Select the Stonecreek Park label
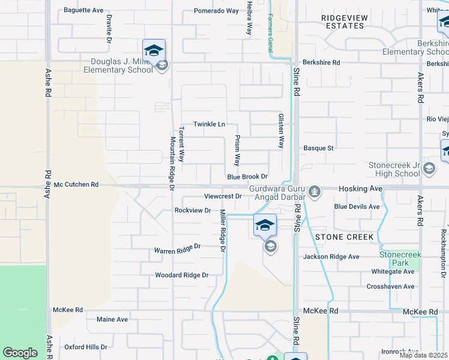(x=400, y=259)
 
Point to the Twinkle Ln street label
(x=209, y=124)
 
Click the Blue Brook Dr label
(x=247, y=177)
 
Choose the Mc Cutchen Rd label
(x=76, y=185)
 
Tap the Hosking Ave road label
(x=360, y=188)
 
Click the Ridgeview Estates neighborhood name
(x=344, y=22)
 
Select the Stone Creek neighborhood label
(x=345, y=237)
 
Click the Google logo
(x=20, y=353)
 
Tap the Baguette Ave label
(x=83, y=10)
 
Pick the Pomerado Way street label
(x=216, y=11)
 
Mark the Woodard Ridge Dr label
(x=181, y=275)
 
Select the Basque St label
(x=318, y=148)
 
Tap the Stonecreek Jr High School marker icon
(x=429, y=169)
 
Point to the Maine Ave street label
(x=112, y=319)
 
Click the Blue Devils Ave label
(x=357, y=206)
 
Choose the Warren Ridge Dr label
(x=176, y=248)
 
